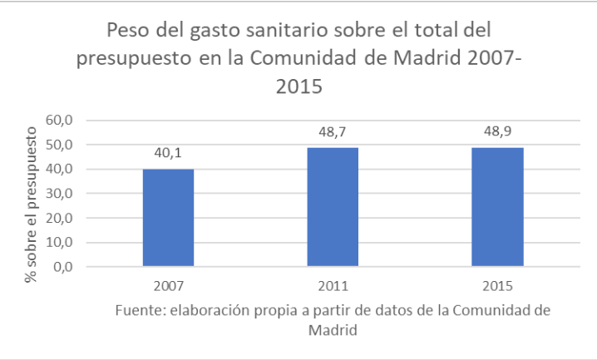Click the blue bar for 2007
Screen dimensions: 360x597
point(168,217)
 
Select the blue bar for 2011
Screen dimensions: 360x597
point(333,207)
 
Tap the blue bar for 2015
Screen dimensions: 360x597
point(497,207)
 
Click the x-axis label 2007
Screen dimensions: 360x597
point(168,285)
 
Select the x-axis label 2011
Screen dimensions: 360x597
point(333,285)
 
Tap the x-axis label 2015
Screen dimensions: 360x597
point(497,285)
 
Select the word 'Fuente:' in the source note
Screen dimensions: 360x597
point(140,311)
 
